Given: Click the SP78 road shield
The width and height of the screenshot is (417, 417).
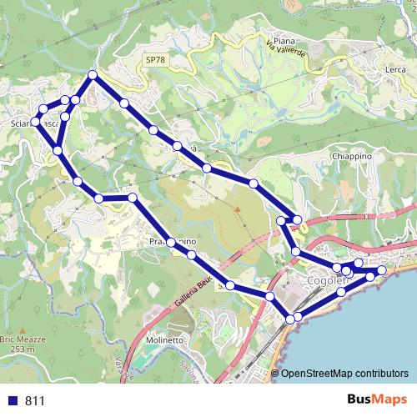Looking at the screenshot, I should (x=153, y=60).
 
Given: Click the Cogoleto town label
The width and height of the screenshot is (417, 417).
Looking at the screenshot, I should (x=325, y=282).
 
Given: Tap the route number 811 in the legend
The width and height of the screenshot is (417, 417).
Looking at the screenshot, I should (x=34, y=400).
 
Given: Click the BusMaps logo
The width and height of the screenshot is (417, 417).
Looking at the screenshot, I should (x=374, y=399).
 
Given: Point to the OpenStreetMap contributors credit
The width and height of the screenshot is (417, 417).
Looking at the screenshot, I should (x=344, y=374).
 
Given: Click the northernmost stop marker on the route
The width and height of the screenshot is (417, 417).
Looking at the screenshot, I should (x=93, y=75).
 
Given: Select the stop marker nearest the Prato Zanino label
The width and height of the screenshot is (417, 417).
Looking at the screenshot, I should (x=170, y=242).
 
